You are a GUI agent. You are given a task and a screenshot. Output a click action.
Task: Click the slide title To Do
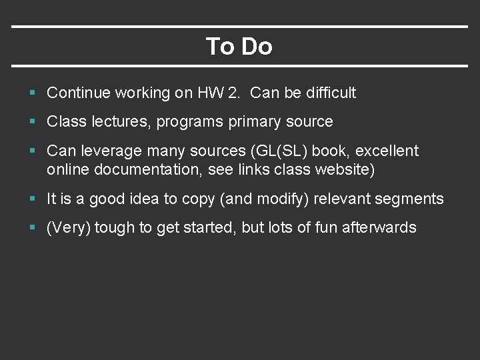[239, 47]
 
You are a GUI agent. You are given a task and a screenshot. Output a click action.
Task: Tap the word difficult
[331, 93]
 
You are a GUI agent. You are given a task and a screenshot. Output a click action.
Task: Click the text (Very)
[69, 228]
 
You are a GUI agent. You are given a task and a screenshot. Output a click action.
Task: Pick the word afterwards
[379, 228]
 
